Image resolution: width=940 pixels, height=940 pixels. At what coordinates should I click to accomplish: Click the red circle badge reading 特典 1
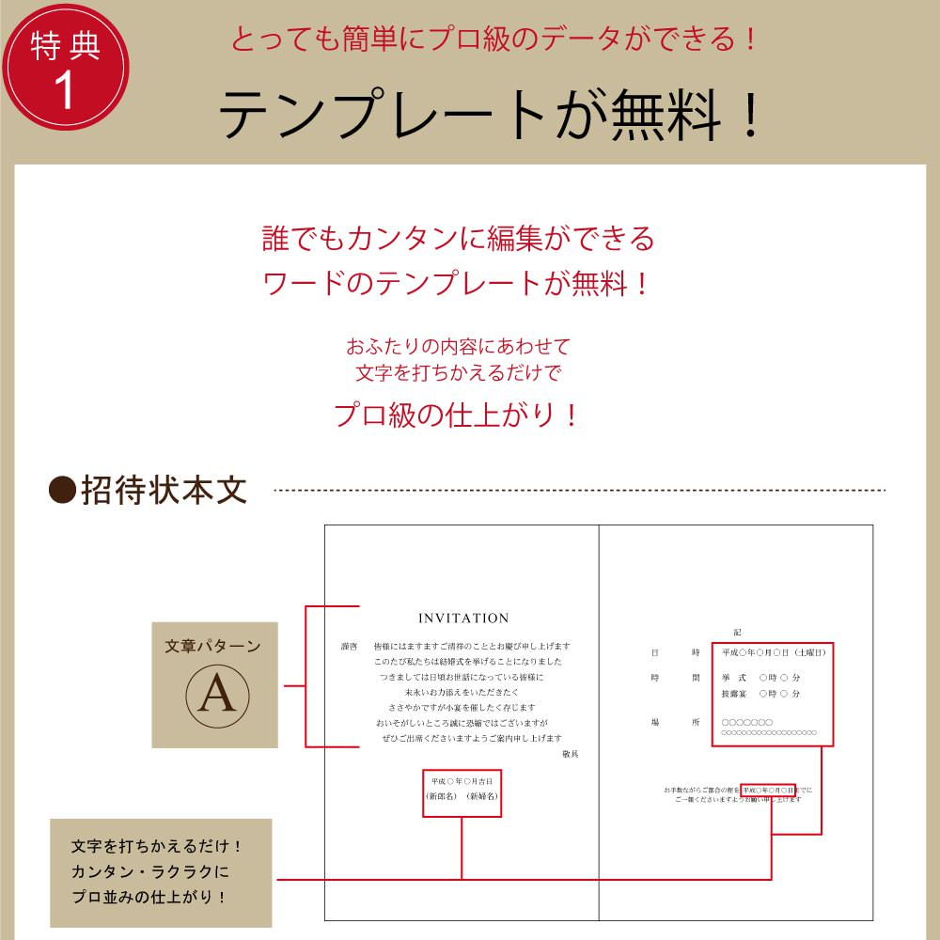(x=65, y=66)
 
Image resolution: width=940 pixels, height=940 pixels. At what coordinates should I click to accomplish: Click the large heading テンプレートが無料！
(x=489, y=116)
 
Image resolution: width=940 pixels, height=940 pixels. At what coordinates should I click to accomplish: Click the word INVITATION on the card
(x=463, y=619)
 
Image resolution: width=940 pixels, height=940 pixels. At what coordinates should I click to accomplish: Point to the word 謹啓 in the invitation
(x=349, y=647)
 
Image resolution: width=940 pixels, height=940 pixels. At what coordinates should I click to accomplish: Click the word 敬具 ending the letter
(x=571, y=754)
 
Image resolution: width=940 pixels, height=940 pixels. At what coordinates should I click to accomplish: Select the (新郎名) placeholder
(x=441, y=796)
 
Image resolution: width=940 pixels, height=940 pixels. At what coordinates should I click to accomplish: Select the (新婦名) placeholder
(x=482, y=796)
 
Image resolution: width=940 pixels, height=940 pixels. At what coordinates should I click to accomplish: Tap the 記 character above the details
(x=738, y=633)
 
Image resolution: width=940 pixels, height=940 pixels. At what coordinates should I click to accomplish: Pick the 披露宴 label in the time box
(x=735, y=694)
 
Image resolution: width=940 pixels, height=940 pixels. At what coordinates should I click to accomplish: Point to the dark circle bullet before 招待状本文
(x=61, y=490)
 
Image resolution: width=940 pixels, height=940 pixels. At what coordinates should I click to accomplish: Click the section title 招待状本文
(x=164, y=490)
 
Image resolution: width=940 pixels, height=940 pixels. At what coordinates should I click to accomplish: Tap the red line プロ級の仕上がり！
(x=457, y=415)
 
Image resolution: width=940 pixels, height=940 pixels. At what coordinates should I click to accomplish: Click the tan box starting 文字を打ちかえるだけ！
(x=160, y=872)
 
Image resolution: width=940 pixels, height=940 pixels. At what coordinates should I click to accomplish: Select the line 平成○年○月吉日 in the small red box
(x=461, y=781)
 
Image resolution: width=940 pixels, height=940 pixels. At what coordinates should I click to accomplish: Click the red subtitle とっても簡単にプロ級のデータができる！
(x=494, y=39)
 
